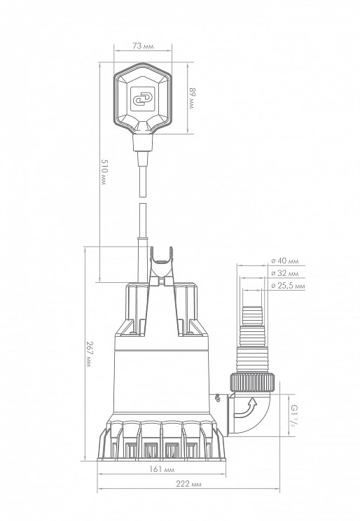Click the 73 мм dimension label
[x=144, y=46]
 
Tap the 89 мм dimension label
[x=192, y=99]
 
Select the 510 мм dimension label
[x=104, y=172]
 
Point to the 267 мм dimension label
[x=89, y=353]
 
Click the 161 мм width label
[x=162, y=469]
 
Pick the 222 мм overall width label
[x=188, y=484]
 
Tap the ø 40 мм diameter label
[x=284, y=260]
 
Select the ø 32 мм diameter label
[x=284, y=274]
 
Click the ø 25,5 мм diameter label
[x=288, y=286]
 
